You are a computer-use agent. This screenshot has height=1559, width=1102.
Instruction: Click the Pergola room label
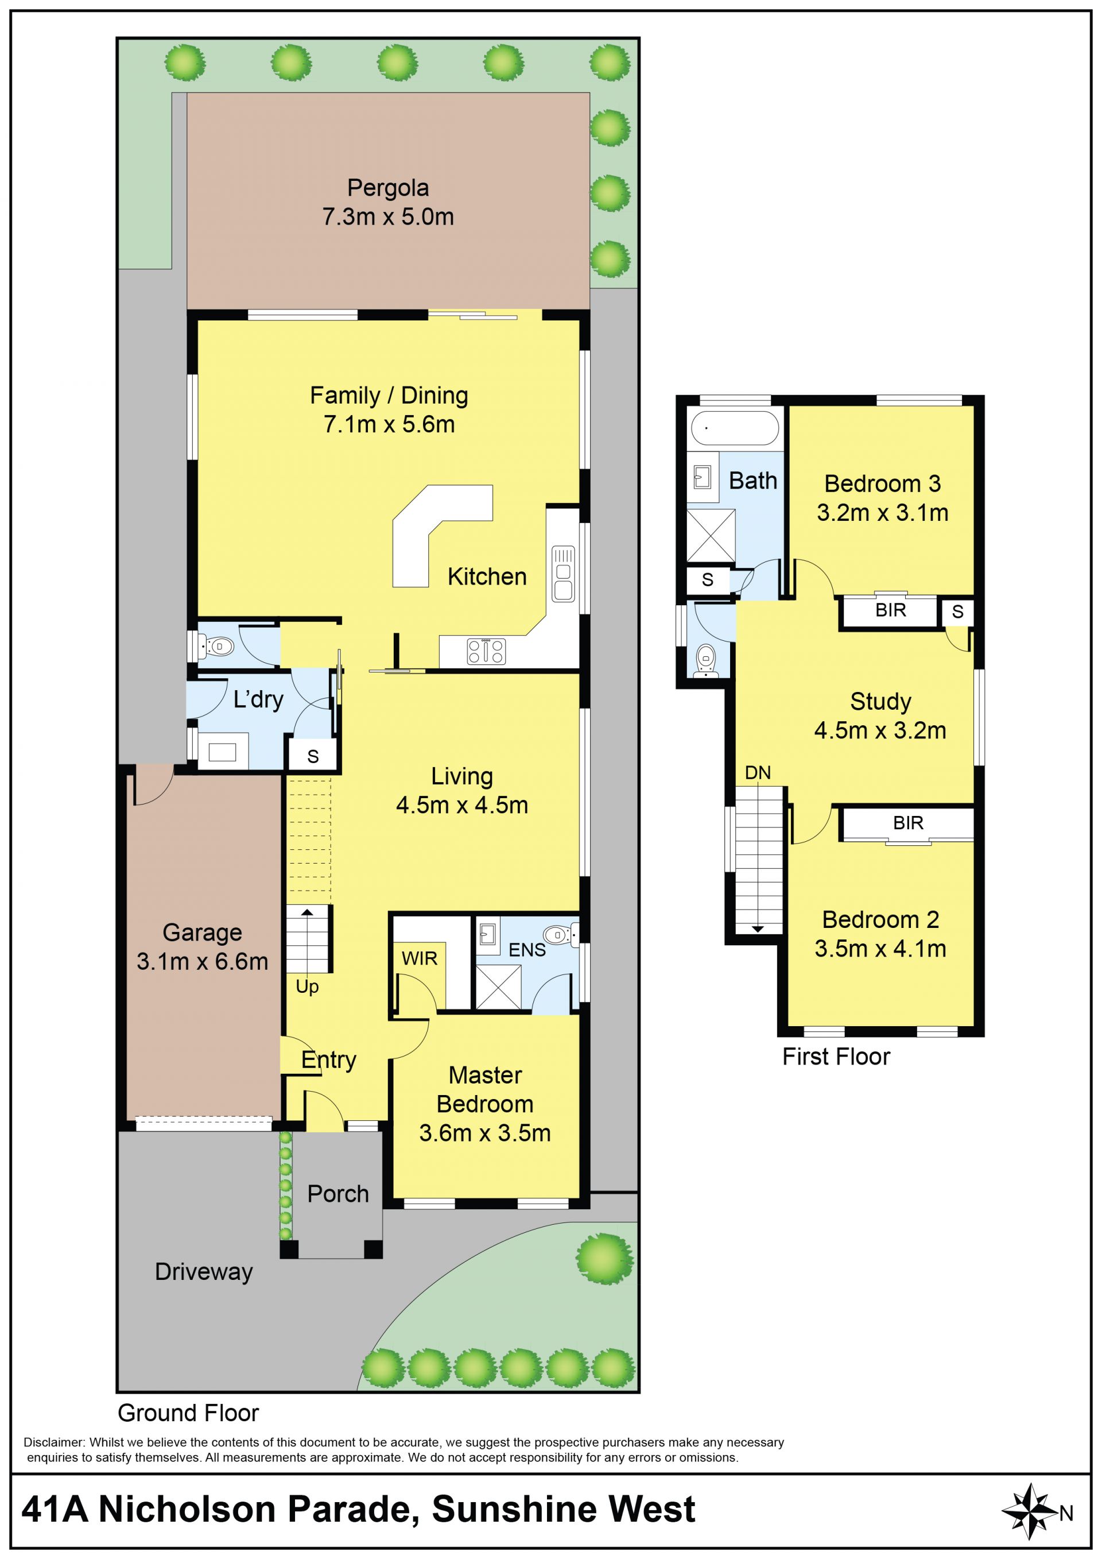point(387,187)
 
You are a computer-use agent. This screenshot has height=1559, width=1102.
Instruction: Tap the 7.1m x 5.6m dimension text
point(389,424)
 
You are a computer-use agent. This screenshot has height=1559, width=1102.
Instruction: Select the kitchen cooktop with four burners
point(486,651)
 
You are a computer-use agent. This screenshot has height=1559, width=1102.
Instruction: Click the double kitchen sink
point(563,573)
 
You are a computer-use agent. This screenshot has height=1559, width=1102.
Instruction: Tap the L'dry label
point(258,699)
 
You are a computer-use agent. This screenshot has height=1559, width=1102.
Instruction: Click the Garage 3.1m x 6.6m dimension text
point(202,961)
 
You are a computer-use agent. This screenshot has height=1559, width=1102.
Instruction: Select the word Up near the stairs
point(306,987)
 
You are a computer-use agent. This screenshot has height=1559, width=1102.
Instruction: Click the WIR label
point(420,959)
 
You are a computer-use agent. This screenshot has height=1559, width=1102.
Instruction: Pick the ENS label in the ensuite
point(527,950)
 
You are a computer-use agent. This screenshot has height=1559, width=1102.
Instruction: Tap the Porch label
point(338,1194)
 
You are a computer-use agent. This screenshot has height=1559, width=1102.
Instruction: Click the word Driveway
point(204,1272)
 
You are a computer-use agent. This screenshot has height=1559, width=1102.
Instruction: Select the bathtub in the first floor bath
point(735,428)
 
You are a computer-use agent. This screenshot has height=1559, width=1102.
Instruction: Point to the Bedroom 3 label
point(882,483)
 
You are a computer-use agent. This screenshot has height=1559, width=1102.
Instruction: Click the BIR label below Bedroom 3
point(890,610)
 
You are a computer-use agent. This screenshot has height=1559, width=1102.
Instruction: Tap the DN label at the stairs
point(758,773)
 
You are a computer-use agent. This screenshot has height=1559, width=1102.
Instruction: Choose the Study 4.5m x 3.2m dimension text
point(880,730)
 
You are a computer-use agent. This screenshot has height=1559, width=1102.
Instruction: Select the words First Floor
point(836,1057)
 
